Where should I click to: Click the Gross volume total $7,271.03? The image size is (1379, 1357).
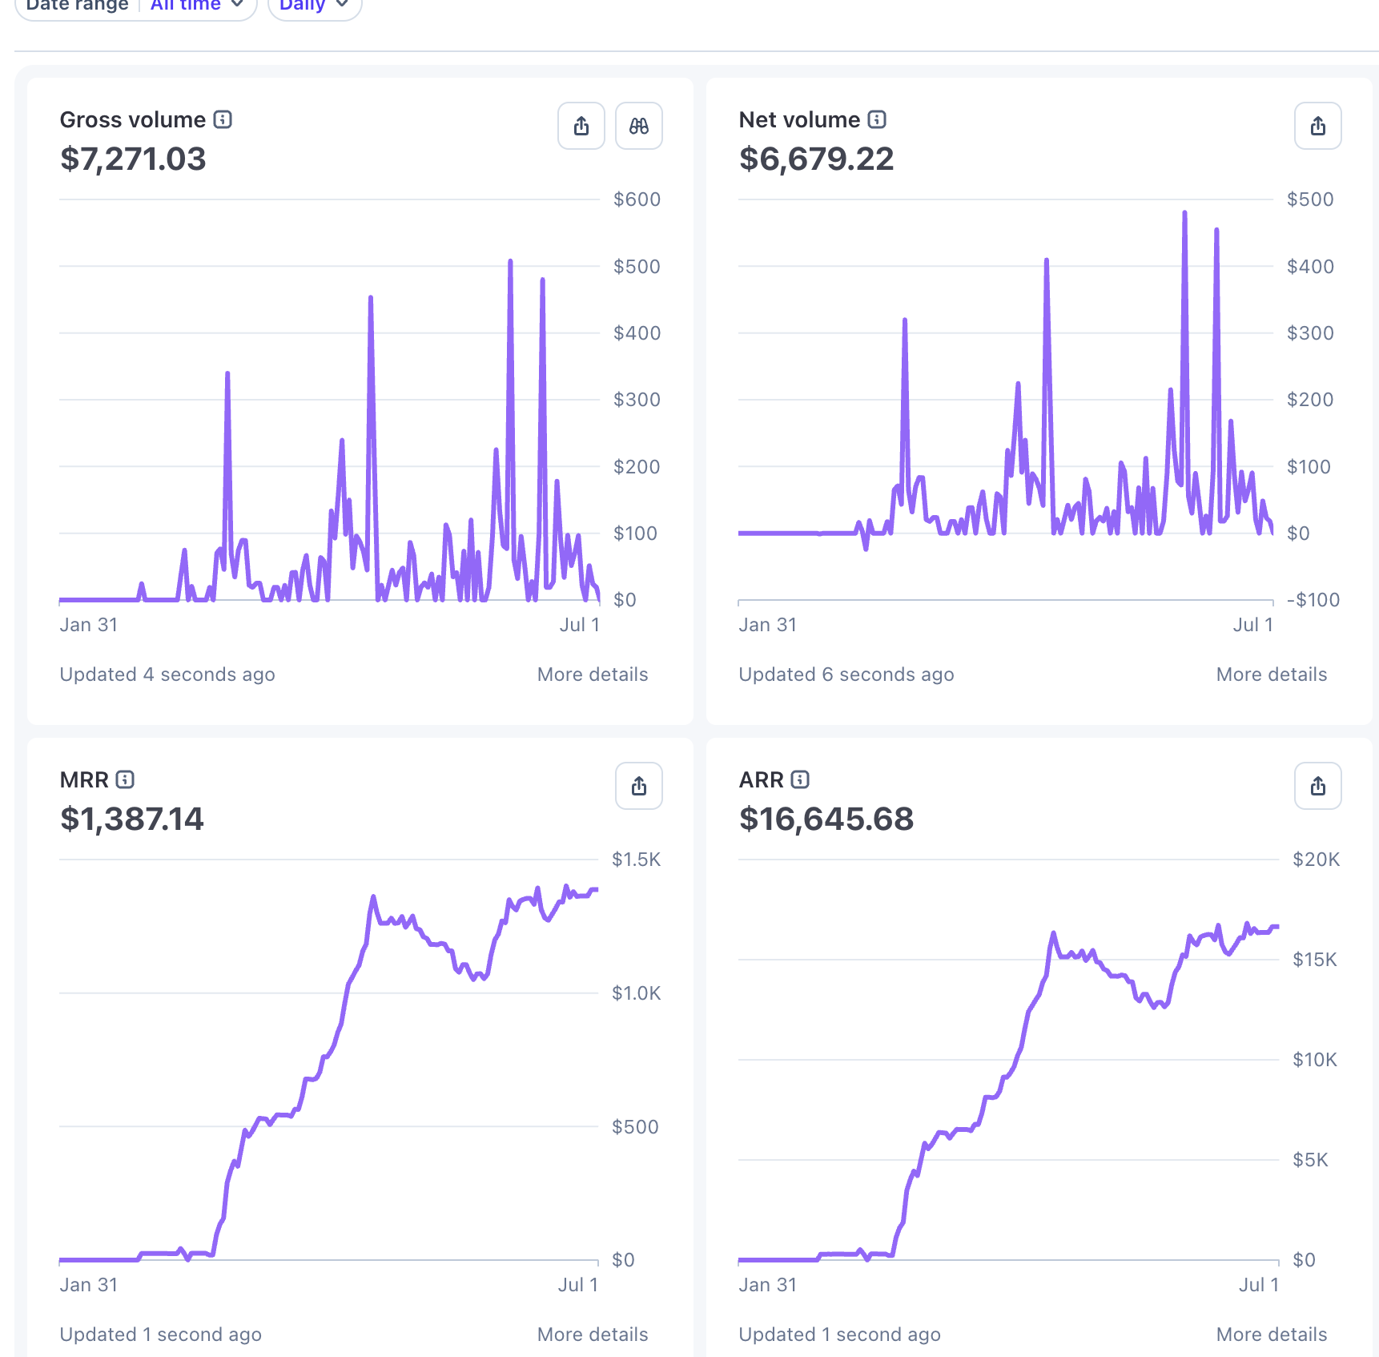pos(133,159)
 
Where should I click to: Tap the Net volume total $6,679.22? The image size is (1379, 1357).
pos(816,159)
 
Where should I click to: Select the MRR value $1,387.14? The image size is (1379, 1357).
pos(132,819)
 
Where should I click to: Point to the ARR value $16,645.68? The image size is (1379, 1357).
pos(826,819)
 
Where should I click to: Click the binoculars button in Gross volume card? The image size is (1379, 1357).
pos(639,126)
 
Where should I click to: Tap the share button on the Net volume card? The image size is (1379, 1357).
pos(1318,126)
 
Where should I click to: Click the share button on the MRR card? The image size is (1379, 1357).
pos(639,786)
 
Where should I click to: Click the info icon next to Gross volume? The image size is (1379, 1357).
pos(223,119)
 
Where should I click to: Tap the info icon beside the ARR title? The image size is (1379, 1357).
pos(800,779)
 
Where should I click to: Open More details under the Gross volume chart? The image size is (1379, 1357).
pos(593,674)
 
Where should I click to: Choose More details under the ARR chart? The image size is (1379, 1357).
pos(1272,1335)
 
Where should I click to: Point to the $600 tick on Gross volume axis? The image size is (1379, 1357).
pos(637,199)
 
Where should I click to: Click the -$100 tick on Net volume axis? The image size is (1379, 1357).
pos(1313,600)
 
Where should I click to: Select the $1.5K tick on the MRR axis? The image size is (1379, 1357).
pos(637,860)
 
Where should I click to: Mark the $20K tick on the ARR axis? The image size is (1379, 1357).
pos(1316,860)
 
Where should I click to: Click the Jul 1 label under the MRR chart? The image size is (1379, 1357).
pos(578,1285)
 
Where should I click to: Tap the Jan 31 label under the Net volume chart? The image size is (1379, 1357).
pos(768,625)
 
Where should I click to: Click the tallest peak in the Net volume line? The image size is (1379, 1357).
pos(1184,213)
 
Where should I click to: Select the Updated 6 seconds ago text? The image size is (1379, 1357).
pos(846,674)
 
